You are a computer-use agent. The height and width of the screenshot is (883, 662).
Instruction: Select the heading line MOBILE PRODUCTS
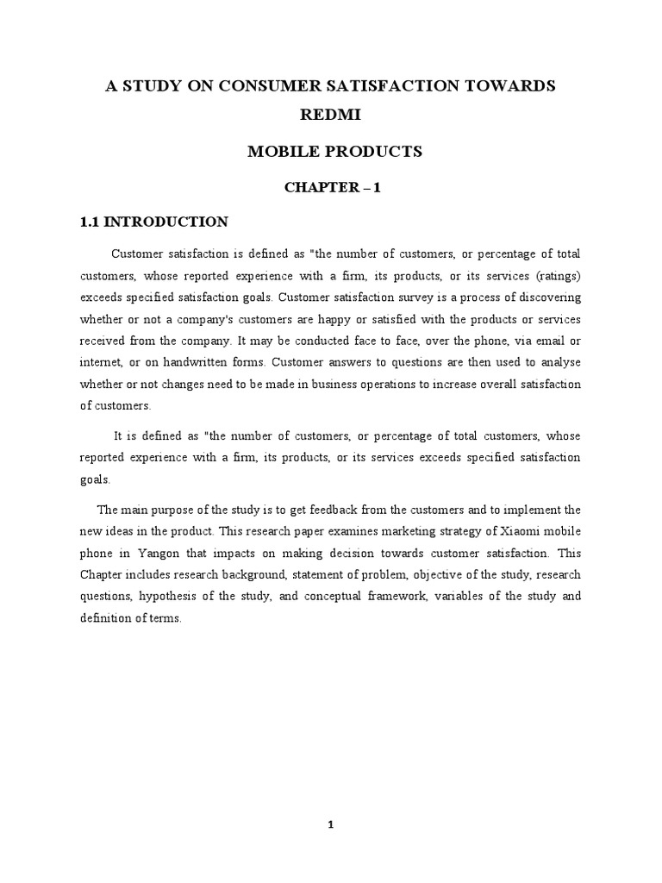(334, 152)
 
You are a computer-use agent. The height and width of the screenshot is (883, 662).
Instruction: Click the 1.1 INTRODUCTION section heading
(153, 222)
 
